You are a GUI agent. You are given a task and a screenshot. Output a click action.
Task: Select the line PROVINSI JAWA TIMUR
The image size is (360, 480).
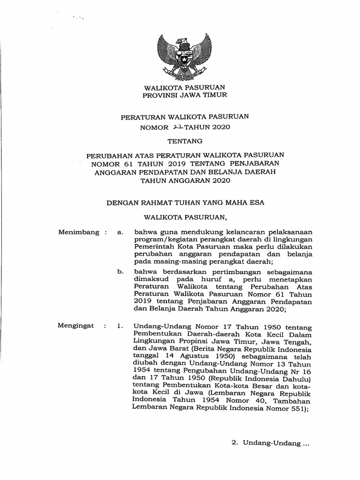pyautogui.click(x=185, y=95)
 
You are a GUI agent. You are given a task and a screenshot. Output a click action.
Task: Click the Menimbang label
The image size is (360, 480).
pyautogui.click(x=79, y=232)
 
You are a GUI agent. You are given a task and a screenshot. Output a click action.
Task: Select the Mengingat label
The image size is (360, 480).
pyautogui.click(x=76, y=325)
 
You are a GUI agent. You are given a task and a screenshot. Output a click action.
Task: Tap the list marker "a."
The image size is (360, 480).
pyautogui.click(x=120, y=232)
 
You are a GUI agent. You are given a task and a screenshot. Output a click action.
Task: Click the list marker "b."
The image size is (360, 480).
pyautogui.click(x=120, y=271)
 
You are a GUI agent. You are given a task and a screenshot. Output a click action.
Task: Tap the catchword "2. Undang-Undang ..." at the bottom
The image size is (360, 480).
pyautogui.click(x=271, y=442)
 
